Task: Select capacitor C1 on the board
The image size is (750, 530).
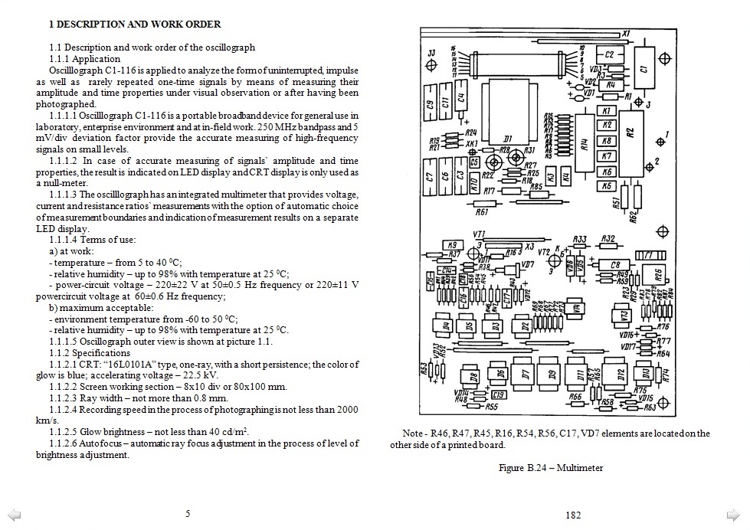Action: [x=644, y=67]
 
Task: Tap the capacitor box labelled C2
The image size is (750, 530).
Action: [x=609, y=55]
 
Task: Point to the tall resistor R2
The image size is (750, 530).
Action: [x=630, y=132]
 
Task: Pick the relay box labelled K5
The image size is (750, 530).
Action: [x=607, y=185]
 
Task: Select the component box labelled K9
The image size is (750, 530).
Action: [x=453, y=246]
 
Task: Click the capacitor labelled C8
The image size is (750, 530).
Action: [x=614, y=265]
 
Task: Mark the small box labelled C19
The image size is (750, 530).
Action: [x=497, y=395]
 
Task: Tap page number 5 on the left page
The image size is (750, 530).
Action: [x=187, y=514]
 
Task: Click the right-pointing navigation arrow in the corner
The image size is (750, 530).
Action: [x=732, y=514]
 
